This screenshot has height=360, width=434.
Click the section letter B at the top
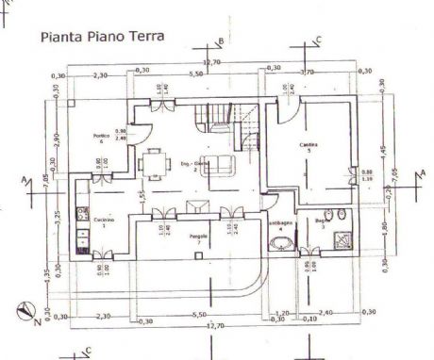tap(221, 41)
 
